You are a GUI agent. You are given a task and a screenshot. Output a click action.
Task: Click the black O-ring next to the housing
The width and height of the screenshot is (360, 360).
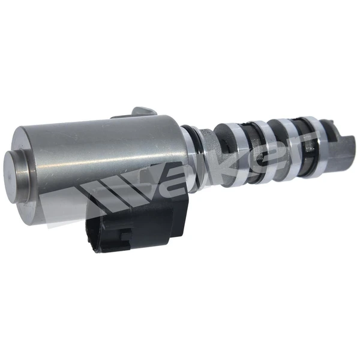190,147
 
